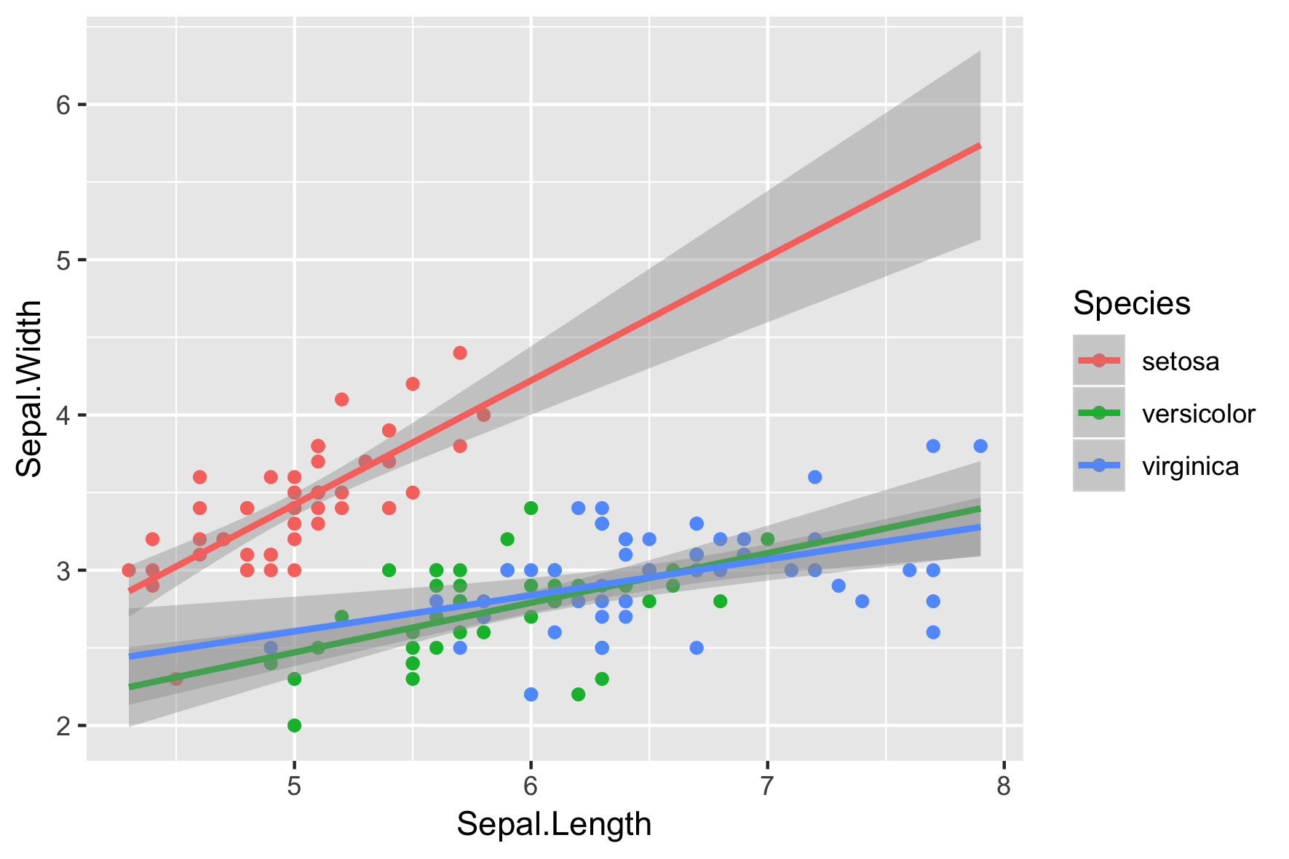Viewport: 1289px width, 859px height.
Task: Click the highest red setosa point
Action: (x=460, y=353)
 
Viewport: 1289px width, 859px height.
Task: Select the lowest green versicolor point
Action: (x=294, y=725)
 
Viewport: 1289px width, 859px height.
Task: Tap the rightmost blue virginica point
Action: (x=980, y=446)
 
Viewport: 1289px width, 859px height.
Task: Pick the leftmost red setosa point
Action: (x=129, y=570)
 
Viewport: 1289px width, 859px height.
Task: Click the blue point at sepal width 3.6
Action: (x=814, y=477)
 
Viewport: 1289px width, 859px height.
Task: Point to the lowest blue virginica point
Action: (x=531, y=695)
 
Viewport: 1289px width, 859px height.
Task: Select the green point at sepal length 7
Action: (x=767, y=539)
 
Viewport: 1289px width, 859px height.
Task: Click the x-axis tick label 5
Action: (x=294, y=787)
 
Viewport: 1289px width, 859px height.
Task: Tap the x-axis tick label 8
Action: (x=1004, y=787)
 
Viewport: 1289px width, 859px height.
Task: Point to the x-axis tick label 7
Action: (x=767, y=787)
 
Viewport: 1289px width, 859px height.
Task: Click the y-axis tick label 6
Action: (x=63, y=105)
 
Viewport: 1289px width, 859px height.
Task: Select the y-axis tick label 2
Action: (x=63, y=726)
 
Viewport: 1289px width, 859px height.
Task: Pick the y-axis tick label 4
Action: (x=63, y=415)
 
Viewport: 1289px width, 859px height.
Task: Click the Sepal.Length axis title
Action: (x=554, y=825)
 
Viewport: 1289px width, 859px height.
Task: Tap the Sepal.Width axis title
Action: (x=30, y=388)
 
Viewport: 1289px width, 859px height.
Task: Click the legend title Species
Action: (x=1131, y=303)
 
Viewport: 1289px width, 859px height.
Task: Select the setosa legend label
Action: (x=1180, y=361)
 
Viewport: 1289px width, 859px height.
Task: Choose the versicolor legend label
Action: (x=1198, y=414)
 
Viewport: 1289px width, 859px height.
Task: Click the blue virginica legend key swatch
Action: (x=1098, y=466)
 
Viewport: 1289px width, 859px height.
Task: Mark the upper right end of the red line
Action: (x=980, y=145)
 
